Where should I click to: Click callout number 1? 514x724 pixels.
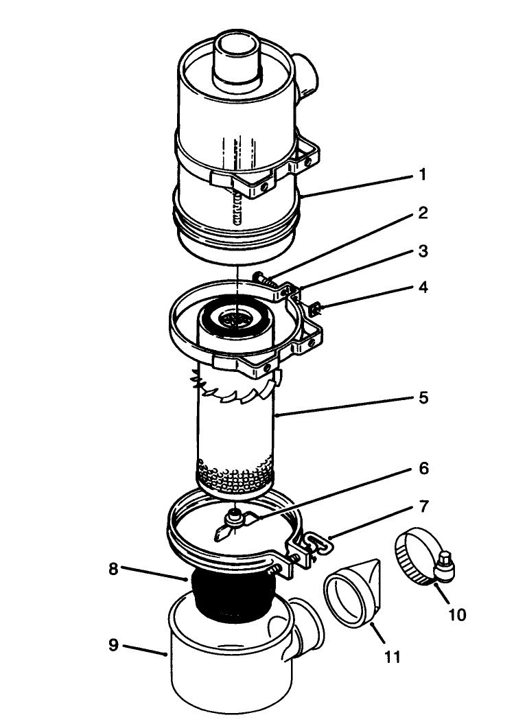pyautogui.click(x=422, y=176)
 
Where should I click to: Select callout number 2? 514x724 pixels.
pyautogui.click(x=423, y=213)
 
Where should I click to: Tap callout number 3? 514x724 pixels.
pyautogui.click(x=423, y=252)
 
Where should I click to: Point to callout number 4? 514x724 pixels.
pyautogui.click(x=423, y=287)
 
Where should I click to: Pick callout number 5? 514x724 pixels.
pyautogui.click(x=423, y=397)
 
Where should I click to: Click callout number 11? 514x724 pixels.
pyautogui.click(x=392, y=657)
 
